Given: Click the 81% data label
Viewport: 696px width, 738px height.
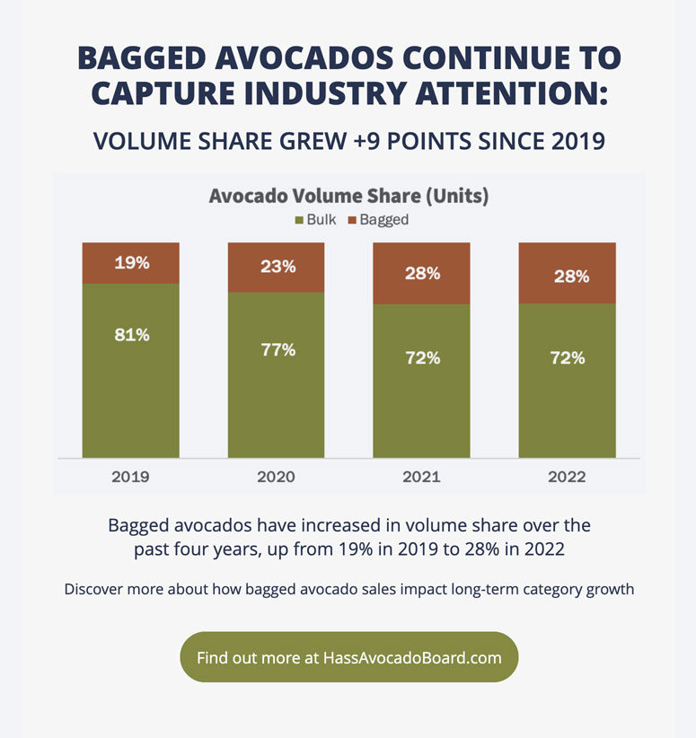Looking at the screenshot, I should [x=131, y=335].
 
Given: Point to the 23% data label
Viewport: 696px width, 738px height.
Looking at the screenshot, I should [x=277, y=267].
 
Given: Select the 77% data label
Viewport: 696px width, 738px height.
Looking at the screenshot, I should [x=277, y=349].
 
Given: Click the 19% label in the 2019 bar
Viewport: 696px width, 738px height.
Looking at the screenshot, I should [x=131, y=263].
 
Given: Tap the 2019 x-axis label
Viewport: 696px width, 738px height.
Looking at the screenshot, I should [x=131, y=477].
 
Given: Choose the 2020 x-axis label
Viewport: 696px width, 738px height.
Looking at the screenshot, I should [x=276, y=477].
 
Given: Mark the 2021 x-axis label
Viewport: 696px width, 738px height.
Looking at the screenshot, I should [x=421, y=477].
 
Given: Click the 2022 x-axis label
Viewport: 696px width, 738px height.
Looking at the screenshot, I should [x=567, y=477].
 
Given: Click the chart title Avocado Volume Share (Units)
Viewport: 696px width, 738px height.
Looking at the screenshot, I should [x=348, y=196].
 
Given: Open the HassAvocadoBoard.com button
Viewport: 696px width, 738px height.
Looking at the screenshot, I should [x=349, y=657].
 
